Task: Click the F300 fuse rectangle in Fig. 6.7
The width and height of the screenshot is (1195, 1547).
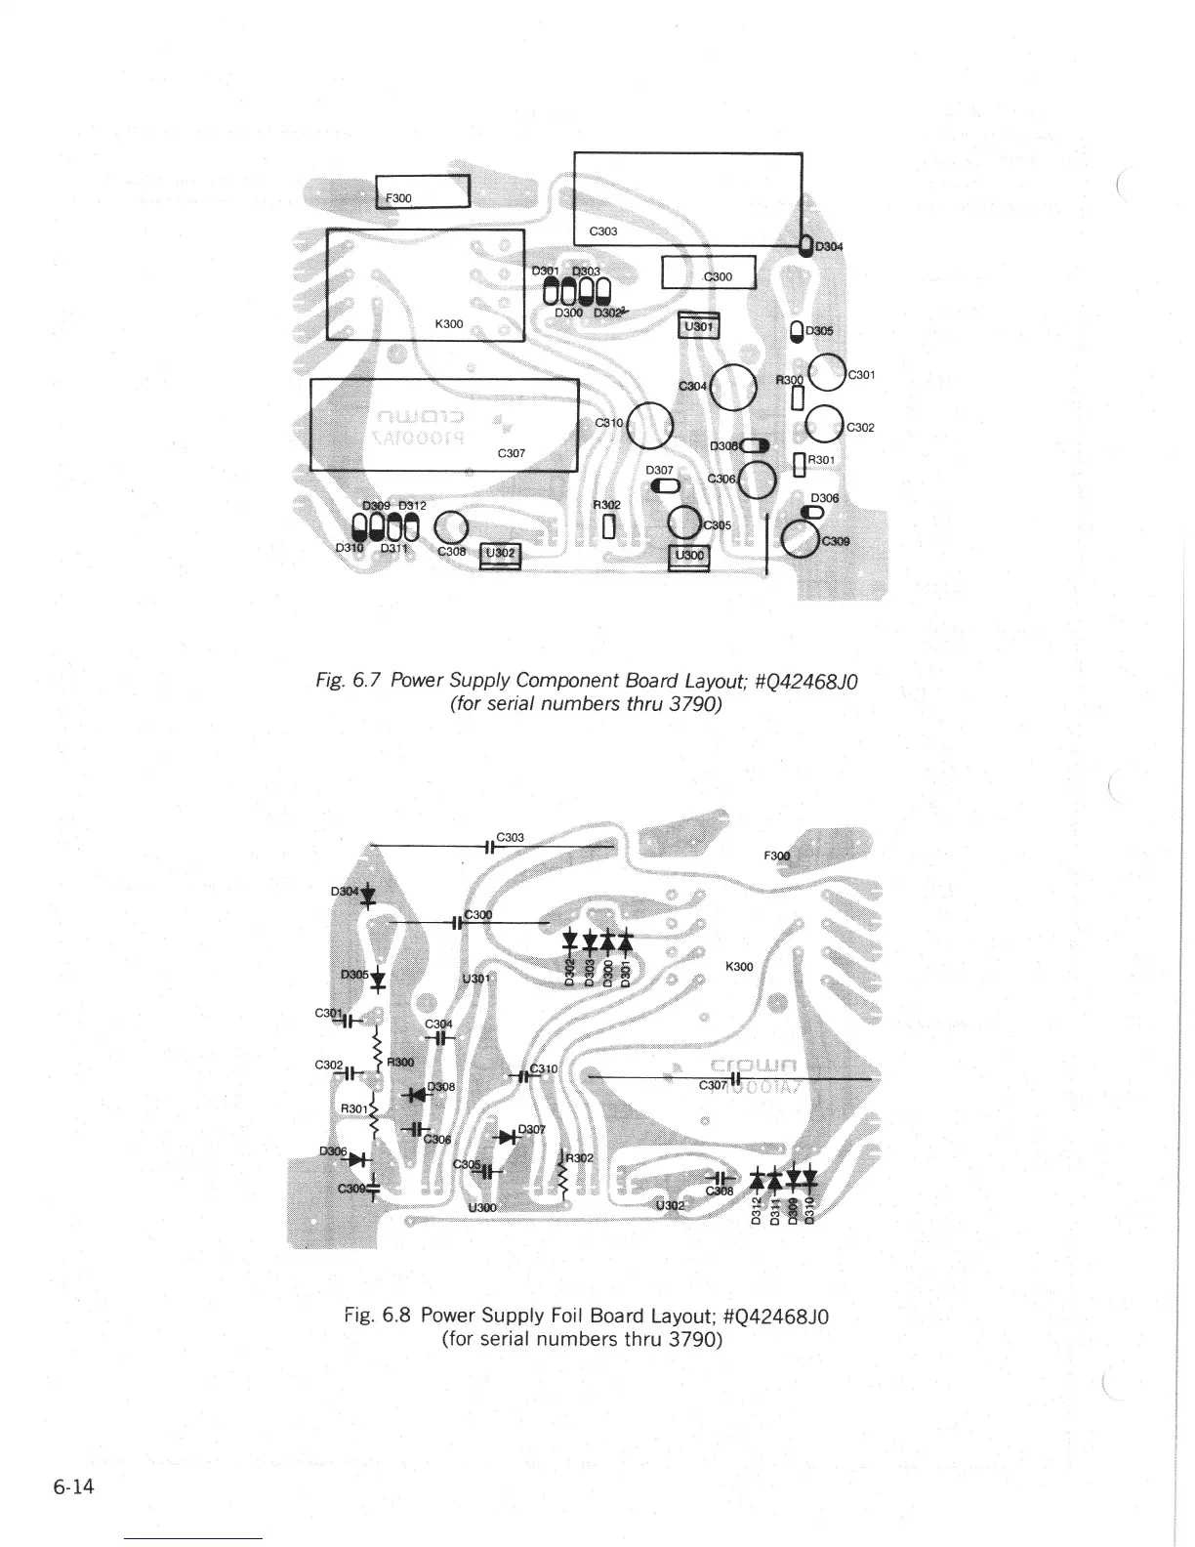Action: pyautogui.click(x=424, y=191)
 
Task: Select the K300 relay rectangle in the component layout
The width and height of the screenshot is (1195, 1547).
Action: pyautogui.click(x=425, y=284)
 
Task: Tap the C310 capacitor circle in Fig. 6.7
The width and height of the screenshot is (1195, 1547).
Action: pyautogui.click(x=650, y=426)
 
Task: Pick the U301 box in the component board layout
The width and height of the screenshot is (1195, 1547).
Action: pyautogui.click(x=698, y=326)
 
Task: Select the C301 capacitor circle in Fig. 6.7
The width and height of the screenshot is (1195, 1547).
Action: pyautogui.click(x=828, y=374)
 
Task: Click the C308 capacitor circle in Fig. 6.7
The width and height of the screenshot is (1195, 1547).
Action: pyautogui.click(x=451, y=529)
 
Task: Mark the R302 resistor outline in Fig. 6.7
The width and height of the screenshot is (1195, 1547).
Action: pyautogui.click(x=609, y=526)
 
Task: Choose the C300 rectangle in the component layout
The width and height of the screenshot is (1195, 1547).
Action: pyautogui.click(x=709, y=272)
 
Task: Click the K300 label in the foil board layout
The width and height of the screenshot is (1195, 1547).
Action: pyautogui.click(x=740, y=967)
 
